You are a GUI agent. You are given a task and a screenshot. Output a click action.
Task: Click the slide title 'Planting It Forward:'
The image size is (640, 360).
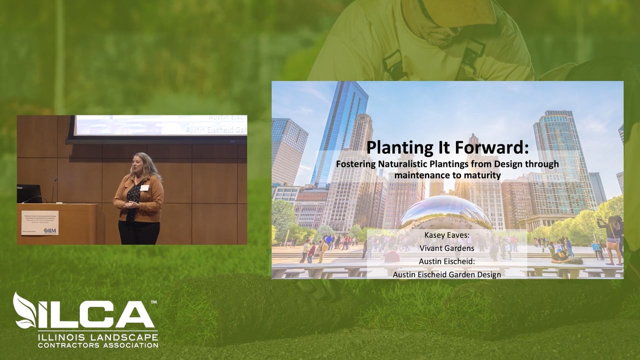coord(447,148)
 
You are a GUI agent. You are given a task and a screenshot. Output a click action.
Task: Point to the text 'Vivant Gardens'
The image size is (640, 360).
coord(447,247)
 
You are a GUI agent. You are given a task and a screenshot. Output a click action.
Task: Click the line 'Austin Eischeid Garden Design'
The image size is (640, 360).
coord(447,274)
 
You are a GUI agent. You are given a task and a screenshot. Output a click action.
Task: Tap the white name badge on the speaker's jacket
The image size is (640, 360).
coord(144,188)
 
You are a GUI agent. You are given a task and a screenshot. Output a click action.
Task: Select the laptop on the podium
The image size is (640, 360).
coord(29,193)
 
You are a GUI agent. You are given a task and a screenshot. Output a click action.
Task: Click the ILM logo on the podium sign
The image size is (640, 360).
coord(50,230)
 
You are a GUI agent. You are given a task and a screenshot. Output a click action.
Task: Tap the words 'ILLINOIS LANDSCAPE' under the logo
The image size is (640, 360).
coord(98,337)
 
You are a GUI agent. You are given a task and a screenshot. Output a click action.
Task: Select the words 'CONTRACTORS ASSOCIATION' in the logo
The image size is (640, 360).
coord(98,345)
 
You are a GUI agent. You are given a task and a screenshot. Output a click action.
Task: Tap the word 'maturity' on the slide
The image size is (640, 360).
coord(482,175)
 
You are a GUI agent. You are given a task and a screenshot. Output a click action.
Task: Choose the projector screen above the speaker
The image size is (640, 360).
coord(160,125)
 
